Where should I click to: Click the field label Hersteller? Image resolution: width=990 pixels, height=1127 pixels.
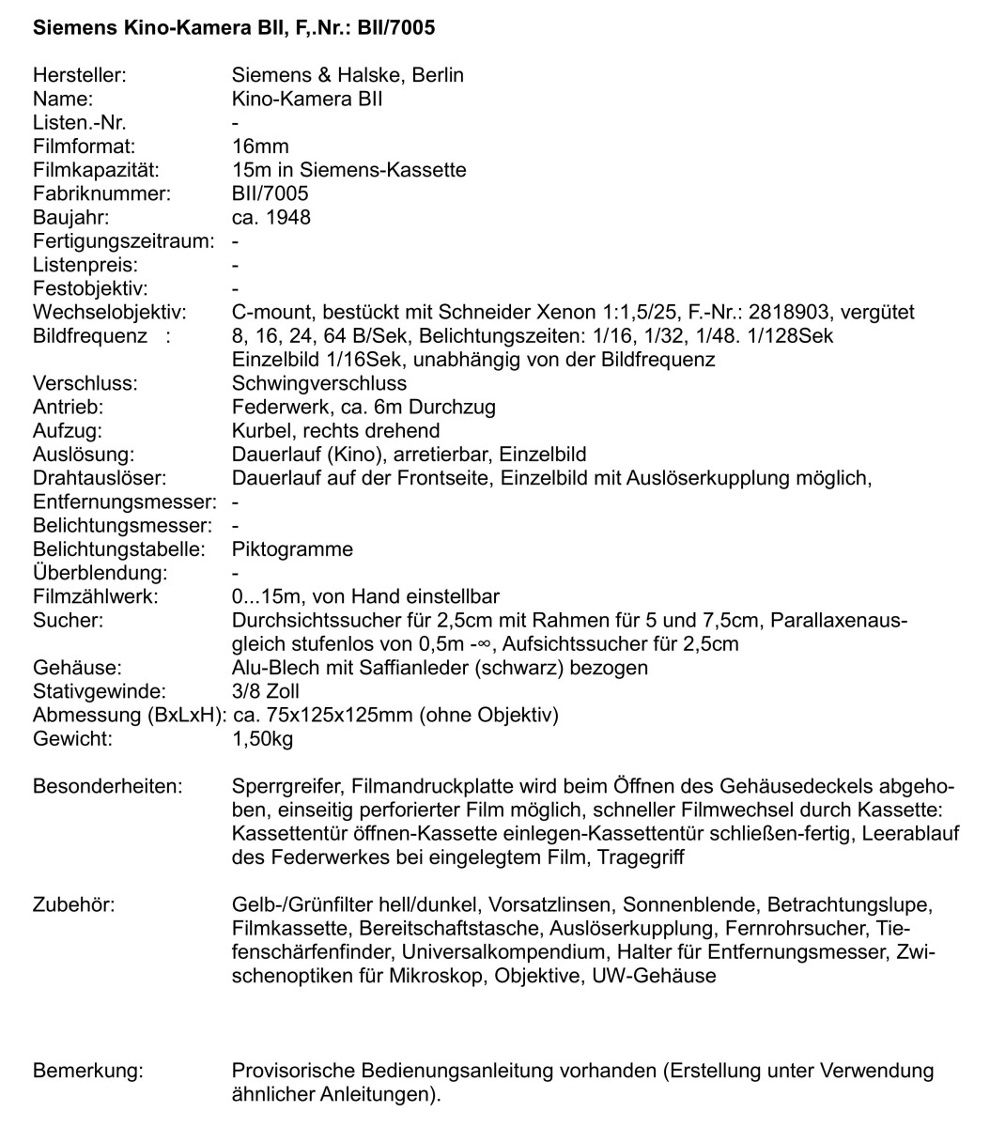click(79, 75)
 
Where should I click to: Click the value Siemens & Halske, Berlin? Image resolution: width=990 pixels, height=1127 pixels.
click(348, 75)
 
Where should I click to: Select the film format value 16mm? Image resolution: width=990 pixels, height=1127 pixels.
click(260, 147)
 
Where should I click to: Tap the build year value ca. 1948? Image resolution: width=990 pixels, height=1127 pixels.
click(271, 218)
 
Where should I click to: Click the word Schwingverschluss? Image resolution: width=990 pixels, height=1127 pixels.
click(319, 383)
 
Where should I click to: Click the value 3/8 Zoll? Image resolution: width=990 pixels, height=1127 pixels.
click(266, 691)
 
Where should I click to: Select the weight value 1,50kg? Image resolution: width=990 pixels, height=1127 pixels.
click(262, 739)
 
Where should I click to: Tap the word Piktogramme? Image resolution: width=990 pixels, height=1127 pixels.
click(292, 549)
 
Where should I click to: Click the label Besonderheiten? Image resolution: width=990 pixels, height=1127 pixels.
click(107, 786)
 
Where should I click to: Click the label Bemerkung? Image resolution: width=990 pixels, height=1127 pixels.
click(88, 1072)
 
